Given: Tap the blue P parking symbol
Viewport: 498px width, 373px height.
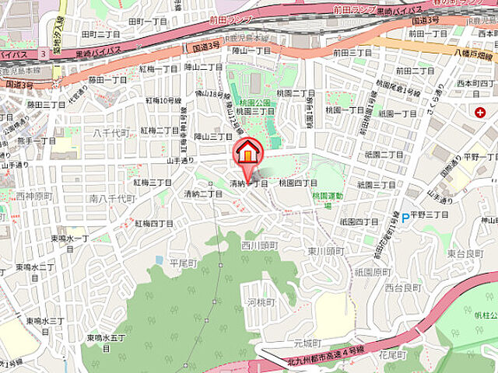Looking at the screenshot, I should [405, 218].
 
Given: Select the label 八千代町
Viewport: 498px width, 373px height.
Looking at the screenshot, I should [108, 134].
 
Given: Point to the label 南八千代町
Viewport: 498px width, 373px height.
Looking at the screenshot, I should [112, 200].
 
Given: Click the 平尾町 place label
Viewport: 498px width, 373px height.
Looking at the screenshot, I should [184, 263].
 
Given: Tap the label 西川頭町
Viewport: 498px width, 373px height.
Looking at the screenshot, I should [259, 246].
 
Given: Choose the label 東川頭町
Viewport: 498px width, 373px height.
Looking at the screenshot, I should [325, 251].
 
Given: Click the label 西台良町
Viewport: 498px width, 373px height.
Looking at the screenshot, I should [402, 288].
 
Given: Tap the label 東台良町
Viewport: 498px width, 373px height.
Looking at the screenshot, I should [466, 253].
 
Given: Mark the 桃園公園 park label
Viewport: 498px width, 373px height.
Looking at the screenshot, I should [254, 102].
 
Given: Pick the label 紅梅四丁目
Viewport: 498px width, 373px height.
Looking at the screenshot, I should [154, 224].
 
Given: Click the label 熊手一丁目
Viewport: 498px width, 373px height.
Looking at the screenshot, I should [37, 141].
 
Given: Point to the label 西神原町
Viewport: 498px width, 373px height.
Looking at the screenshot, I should [33, 196].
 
